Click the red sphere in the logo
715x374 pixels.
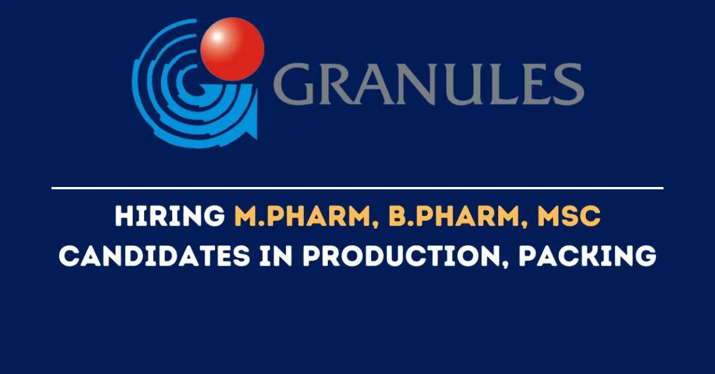point(232,49)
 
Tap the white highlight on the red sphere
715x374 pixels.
point(217,36)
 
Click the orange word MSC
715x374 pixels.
point(569,216)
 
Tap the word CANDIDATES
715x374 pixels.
point(154,255)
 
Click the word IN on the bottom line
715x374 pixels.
point(276,255)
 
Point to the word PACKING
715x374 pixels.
point(587,255)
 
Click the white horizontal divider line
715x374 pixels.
point(357,188)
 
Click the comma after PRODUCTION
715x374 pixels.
point(504,266)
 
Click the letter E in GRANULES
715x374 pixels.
point(536,84)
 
